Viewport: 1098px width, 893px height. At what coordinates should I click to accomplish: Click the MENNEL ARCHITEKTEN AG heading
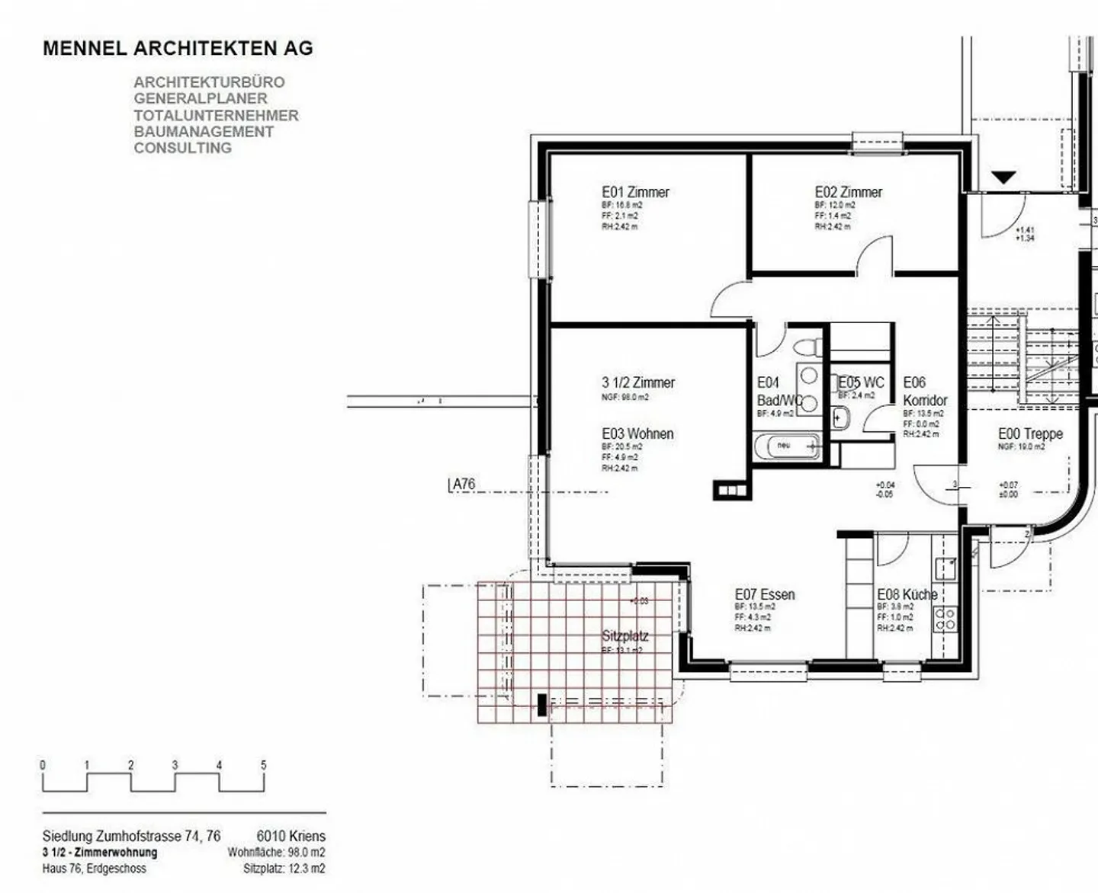coord(178,48)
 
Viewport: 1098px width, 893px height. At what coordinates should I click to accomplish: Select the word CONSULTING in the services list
coord(183,148)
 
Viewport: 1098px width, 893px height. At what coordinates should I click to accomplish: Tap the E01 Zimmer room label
coord(635,192)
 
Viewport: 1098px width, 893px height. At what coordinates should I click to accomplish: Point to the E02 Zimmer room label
coord(848,192)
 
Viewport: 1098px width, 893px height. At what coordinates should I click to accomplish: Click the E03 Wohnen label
coord(637,434)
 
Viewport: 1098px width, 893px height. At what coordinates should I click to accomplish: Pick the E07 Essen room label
coord(764,594)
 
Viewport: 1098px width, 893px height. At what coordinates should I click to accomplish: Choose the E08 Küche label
coord(907,594)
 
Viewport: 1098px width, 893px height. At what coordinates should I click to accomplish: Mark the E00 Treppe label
coord(1030,434)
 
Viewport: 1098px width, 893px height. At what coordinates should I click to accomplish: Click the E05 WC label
coord(861,382)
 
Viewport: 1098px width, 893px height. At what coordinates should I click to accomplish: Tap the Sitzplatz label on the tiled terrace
coord(624,635)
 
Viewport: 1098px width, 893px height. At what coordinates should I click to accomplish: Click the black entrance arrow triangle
coord(1003,178)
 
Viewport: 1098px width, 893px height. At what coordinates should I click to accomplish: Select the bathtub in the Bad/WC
coord(788,446)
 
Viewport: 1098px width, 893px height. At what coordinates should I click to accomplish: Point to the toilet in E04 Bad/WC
coord(807,347)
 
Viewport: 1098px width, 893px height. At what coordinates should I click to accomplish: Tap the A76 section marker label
coord(463,484)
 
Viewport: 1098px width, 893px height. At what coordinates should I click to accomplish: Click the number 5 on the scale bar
coord(264,765)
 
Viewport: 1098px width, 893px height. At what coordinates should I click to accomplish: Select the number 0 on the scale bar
coord(43,765)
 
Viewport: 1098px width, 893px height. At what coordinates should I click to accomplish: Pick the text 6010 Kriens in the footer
coord(291,836)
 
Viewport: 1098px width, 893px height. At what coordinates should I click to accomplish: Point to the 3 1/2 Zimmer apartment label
coord(637,382)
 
